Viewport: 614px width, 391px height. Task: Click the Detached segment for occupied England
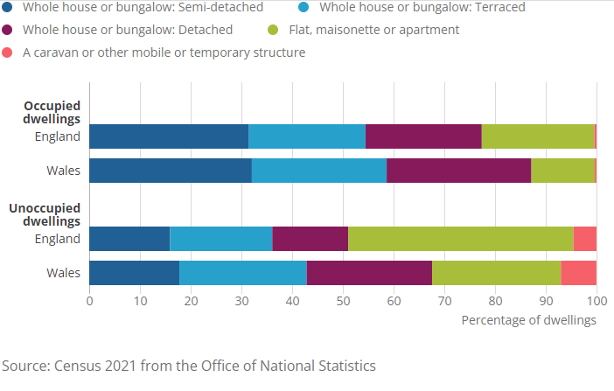[423, 136]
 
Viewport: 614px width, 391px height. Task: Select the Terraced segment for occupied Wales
[319, 171]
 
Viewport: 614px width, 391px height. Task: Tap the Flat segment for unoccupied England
[461, 239]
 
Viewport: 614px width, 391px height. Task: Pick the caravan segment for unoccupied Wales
[579, 273]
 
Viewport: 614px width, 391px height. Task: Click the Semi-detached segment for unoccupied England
[129, 239]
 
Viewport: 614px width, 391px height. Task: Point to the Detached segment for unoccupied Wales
[369, 273]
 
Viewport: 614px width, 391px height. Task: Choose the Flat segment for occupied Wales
[562, 171]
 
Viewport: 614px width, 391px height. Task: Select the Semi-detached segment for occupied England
[169, 136]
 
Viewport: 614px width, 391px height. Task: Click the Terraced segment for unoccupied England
[221, 239]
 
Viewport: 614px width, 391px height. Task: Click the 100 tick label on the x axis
[596, 300]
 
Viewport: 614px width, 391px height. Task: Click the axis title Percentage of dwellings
[528, 320]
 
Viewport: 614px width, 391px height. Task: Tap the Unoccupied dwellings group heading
[45, 215]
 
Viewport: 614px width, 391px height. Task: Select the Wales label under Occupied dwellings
[64, 171]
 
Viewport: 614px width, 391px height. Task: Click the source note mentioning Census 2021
[188, 365]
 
